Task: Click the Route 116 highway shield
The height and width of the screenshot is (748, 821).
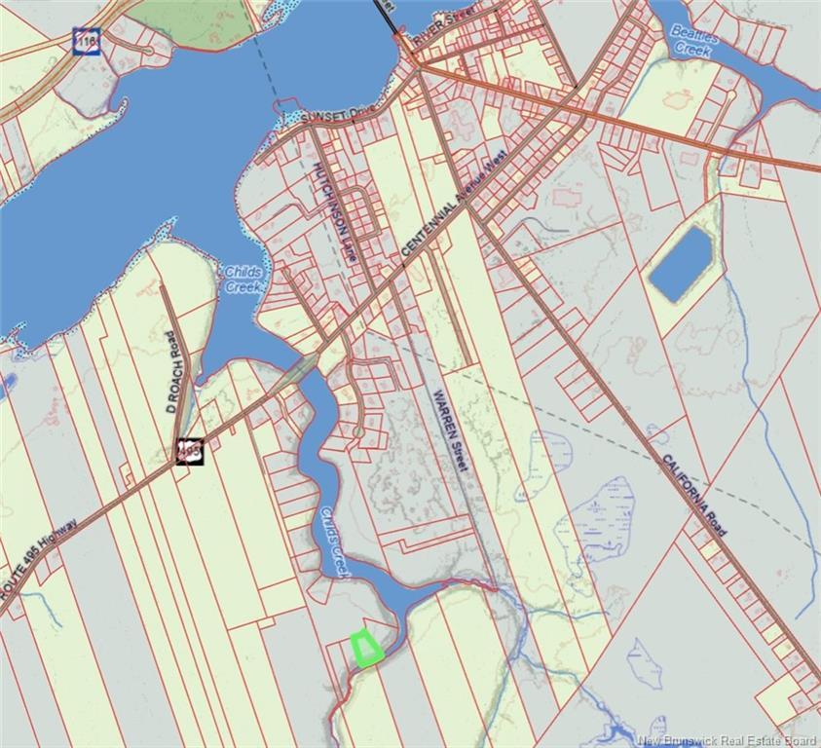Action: click(87, 41)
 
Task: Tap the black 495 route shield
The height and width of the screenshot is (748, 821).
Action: click(190, 451)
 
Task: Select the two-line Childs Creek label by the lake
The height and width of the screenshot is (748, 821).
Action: click(243, 280)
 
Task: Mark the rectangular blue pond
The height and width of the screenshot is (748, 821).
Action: click(681, 263)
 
